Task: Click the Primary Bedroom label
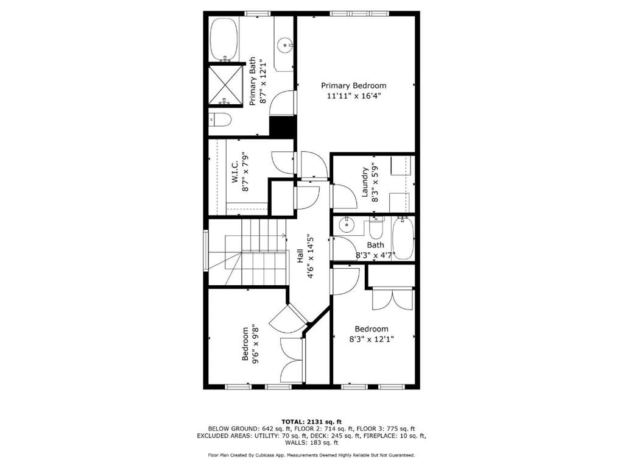[x=353, y=86]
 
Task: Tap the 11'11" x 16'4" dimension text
[x=351, y=96]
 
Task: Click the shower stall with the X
[x=225, y=85]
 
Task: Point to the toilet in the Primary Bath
[x=220, y=119]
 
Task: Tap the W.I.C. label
[x=234, y=172]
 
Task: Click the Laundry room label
[x=365, y=182]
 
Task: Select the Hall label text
[x=300, y=256]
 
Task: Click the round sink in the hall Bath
[x=347, y=225]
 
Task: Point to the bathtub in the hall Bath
[x=403, y=239]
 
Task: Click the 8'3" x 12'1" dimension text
[x=371, y=339]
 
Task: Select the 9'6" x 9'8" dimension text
[x=256, y=344]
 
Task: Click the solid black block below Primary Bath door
[x=282, y=126]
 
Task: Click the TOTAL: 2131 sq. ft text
[x=312, y=422]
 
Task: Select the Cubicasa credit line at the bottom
[x=312, y=455]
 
